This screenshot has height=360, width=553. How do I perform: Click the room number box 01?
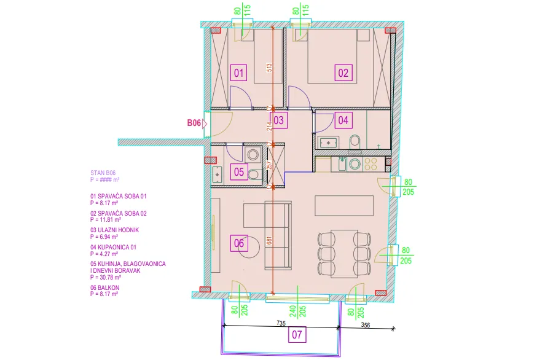pyautogui.click(x=238, y=72)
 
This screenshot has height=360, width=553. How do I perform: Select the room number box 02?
pyautogui.click(x=343, y=72)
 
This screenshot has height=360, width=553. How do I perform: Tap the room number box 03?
pyautogui.click(x=278, y=120)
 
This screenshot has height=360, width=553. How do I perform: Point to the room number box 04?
pyautogui.click(x=343, y=120)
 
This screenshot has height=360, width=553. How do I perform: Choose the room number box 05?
pyautogui.click(x=239, y=172)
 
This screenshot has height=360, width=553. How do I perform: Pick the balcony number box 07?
pyautogui.click(x=297, y=334)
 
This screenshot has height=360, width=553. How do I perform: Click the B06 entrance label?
pyautogui.click(x=194, y=123)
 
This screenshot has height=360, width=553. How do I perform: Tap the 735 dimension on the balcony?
pyautogui.click(x=281, y=323)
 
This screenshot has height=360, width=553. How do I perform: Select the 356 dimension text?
pyautogui.click(x=366, y=325)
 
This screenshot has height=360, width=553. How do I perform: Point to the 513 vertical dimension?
pyautogui.click(x=269, y=68)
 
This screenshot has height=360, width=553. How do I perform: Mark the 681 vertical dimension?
pyautogui.click(x=269, y=240)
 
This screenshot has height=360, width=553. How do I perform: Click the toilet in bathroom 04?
pyautogui.click(x=355, y=144)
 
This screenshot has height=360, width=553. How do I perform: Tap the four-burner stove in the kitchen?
pyautogui.click(x=371, y=164)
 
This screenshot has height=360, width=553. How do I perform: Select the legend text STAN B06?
pyautogui.click(x=103, y=173)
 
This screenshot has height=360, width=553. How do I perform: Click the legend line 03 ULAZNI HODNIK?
pyautogui.click(x=115, y=230)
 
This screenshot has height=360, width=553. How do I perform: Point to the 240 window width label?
pyautogui.click(x=293, y=311)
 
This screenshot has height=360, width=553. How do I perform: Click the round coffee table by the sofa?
pyautogui.click(x=249, y=246)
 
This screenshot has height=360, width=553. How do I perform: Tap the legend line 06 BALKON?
pyautogui.click(x=104, y=288)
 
